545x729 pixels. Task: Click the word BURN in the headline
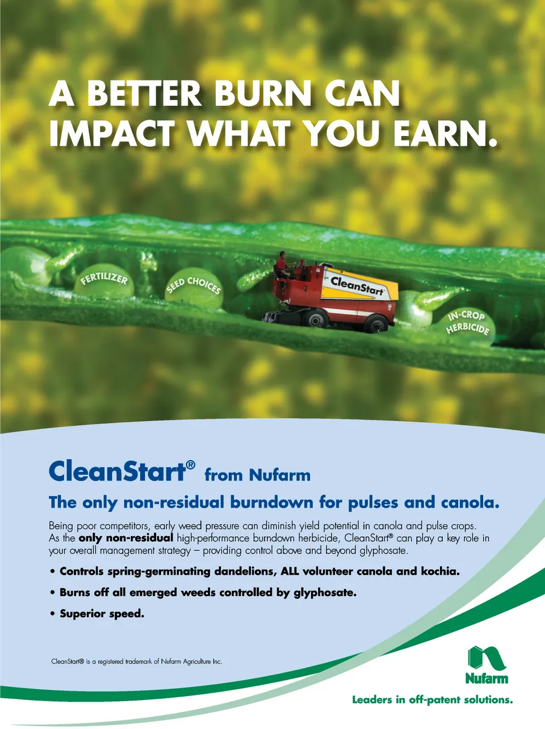click(262, 94)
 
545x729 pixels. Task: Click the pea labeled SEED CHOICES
click(194, 288)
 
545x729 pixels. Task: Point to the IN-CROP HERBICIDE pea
click(468, 327)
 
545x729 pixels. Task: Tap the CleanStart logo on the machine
click(357, 286)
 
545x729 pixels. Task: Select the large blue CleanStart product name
click(121, 471)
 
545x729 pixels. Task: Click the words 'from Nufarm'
click(258, 475)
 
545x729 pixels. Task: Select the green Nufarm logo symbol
click(487, 647)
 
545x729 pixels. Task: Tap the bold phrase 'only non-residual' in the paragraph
click(126, 537)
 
